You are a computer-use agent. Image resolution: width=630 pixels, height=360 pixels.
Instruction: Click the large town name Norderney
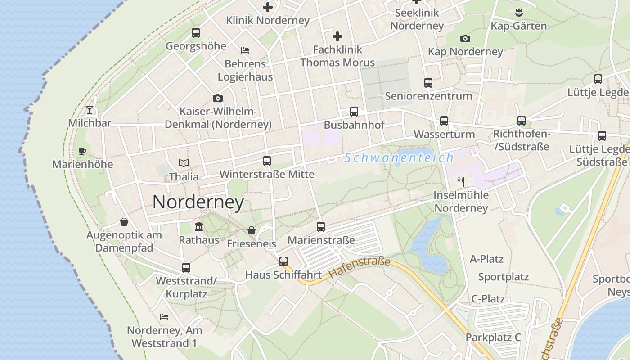pos(198,202)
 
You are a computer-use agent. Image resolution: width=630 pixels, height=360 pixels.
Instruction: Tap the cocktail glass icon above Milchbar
pos(90,109)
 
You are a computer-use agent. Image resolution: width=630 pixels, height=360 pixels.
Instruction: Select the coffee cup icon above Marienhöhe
pos(82,151)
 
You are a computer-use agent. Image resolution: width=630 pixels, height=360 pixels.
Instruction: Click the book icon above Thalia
pos(183,163)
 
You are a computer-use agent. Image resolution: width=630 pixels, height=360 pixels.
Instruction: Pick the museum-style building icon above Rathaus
pos(199,226)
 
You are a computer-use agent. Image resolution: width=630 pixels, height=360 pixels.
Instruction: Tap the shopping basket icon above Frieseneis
pos(252,230)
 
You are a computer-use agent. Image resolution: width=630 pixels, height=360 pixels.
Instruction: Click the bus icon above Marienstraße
pos(321,226)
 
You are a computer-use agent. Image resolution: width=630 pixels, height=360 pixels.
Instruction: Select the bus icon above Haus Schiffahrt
pos(283,261)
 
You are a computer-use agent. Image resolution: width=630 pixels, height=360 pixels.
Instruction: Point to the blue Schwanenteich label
pos(399,158)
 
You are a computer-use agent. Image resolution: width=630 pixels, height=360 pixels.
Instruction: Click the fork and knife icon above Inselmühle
pos(461,182)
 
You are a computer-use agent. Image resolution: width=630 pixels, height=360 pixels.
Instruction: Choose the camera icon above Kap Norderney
pos(465,39)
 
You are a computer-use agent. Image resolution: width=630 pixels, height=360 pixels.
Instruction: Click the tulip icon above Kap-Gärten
pos(518,12)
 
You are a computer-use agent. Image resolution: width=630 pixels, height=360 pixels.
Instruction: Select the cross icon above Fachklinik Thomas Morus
pos(337,36)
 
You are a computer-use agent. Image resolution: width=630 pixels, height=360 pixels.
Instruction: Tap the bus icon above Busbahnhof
pos(354,111)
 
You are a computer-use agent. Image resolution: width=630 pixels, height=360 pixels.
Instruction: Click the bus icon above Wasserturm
pos(444,121)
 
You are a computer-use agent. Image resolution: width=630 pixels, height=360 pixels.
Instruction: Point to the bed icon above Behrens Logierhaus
pos(245,50)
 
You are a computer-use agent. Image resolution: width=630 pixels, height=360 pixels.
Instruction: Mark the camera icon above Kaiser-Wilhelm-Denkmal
pos(218,98)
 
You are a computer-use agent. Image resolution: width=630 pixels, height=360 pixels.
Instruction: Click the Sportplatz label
pos(503,277)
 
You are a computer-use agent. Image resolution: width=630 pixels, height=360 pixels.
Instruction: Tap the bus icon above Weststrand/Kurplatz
pos(186,267)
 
